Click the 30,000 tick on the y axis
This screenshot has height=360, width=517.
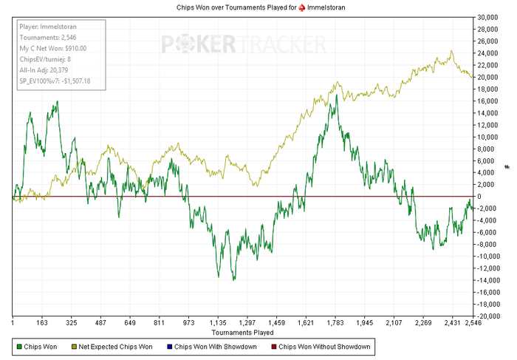pyautogui.click(x=488, y=17)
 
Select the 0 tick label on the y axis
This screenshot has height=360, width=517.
pyautogui.click(x=481, y=197)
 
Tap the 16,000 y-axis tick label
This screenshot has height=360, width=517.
pyautogui.click(x=488, y=101)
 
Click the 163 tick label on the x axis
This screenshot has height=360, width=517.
pyautogui.click(x=42, y=323)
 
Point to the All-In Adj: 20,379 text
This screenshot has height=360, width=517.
pyautogui.click(x=44, y=69)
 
